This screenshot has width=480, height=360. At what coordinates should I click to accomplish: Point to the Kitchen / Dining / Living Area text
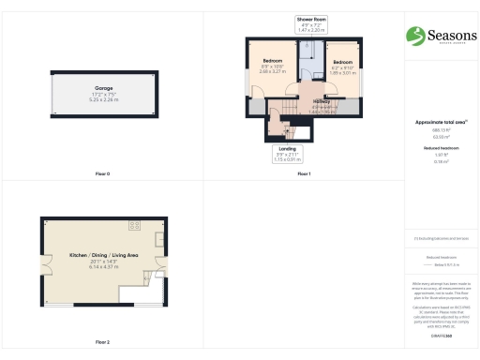[x=103, y=255]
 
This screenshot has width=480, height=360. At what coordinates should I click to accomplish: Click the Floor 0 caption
[x=102, y=174]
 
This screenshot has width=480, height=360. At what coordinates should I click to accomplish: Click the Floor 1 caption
[x=303, y=174]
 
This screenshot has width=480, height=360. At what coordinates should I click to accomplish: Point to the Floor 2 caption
[x=102, y=342]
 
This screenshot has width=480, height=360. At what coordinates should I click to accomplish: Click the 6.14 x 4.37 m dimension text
[x=103, y=267]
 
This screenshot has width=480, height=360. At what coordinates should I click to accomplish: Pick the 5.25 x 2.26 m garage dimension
[x=102, y=98]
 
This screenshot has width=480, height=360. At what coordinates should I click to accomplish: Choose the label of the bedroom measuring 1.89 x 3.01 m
[x=340, y=64]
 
